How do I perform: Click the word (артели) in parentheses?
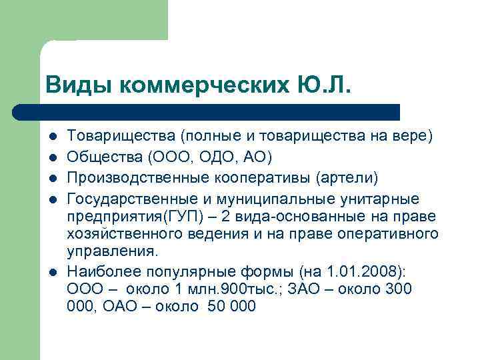[x=347, y=179]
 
